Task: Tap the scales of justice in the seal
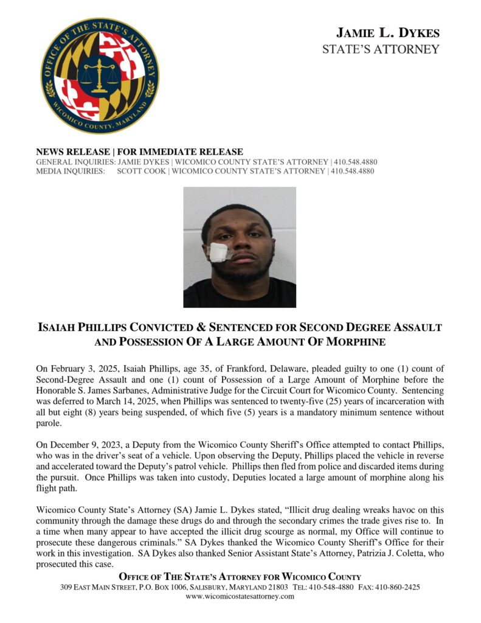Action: click(100, 74)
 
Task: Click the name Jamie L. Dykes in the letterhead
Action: click(388, 33)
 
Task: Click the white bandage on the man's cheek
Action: click(218, 252)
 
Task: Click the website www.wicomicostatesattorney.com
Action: click(240, 597)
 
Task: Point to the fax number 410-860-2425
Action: click(398, 587)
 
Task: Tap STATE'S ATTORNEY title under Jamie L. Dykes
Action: click(381, 49)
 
